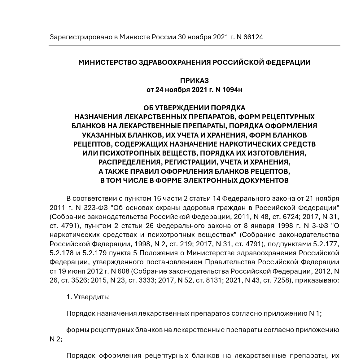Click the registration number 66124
253,37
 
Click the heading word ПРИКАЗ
194,81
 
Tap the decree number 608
123,271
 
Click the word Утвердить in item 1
91,297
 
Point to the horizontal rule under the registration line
194,46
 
